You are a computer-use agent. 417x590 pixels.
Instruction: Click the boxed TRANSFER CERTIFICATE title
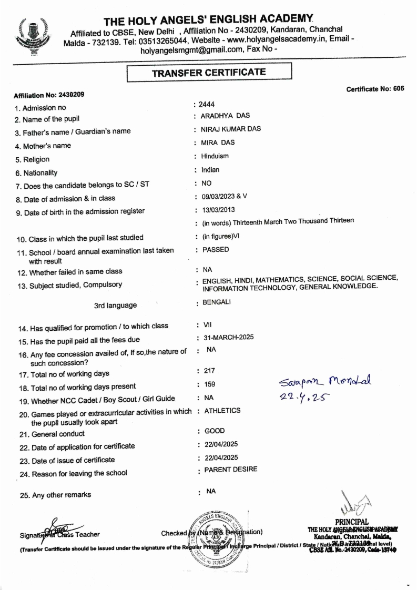click(209, 73)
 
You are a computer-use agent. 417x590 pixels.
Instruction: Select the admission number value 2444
click(207, 105)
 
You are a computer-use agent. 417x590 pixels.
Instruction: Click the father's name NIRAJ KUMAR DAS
click(231, 129)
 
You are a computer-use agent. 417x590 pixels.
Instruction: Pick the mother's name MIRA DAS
click(217, 143)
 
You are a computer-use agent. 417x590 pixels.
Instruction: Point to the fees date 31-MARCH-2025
click(227, 337)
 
